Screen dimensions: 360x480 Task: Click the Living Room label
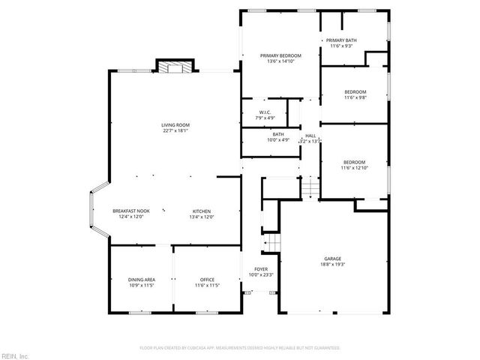(175, 124)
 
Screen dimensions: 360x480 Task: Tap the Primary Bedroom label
(280, 55)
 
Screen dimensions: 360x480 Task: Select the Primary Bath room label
(341, 40)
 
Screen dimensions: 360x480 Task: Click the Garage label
(333, 259)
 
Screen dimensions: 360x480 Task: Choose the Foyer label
(261, 269)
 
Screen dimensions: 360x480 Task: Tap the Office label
(207, 280)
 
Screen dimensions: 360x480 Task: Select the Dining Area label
(141, 280)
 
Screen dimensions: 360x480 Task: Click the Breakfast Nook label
(131, 211)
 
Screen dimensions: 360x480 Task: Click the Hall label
(310, 136)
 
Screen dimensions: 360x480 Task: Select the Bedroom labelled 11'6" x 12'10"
(354, 163)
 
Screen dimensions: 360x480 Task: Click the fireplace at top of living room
(174, 67)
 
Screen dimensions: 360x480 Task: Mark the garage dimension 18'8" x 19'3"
(333, 265)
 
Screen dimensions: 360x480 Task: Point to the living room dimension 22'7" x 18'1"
(175, 130)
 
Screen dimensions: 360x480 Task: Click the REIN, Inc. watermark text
(15, 355)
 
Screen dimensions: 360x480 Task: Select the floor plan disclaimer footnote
(240, 348)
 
